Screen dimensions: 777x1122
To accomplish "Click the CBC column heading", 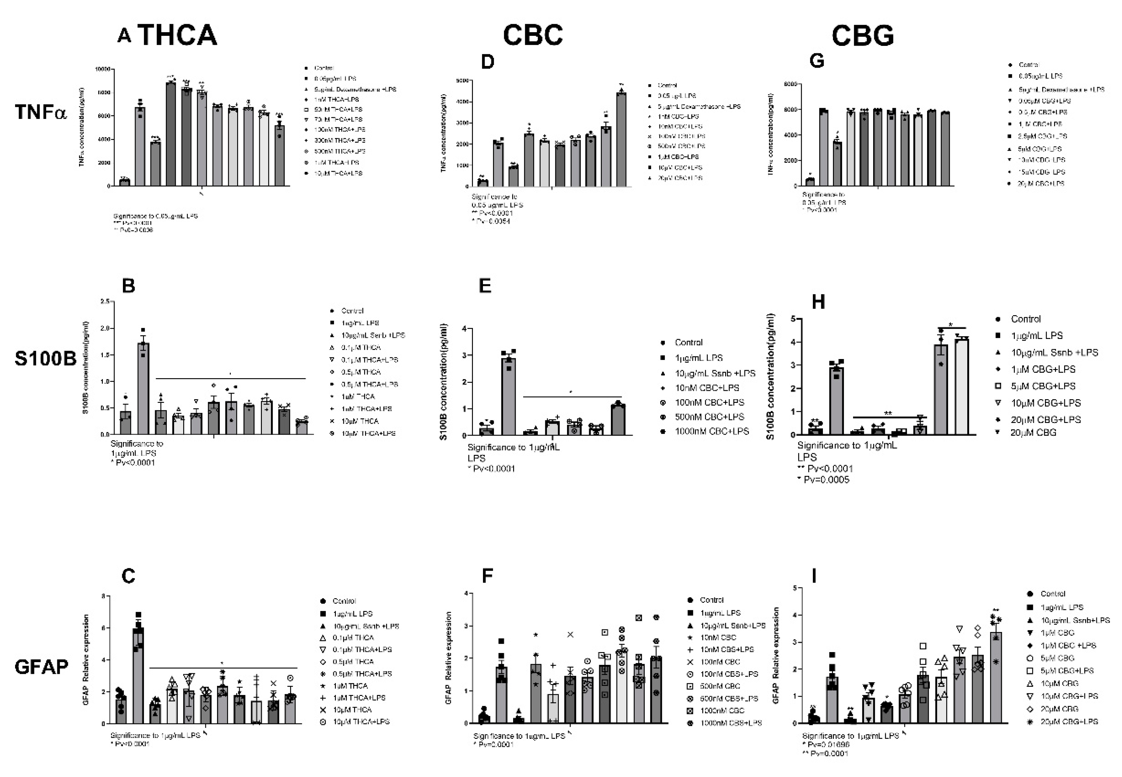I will coord(533,35).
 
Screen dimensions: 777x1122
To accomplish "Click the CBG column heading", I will coord(862,35).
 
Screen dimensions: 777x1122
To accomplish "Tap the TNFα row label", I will coord(41,112).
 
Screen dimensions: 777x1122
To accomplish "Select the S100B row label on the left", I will coord(45,358).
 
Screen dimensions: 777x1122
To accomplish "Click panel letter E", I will coord(485,286).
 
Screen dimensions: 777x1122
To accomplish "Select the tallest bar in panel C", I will coord(139,677).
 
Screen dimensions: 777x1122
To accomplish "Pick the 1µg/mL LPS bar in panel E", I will coord(509,397).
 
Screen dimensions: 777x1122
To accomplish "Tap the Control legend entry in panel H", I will coord(1025,319).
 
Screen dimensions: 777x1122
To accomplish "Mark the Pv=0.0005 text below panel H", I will coord(826,480).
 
